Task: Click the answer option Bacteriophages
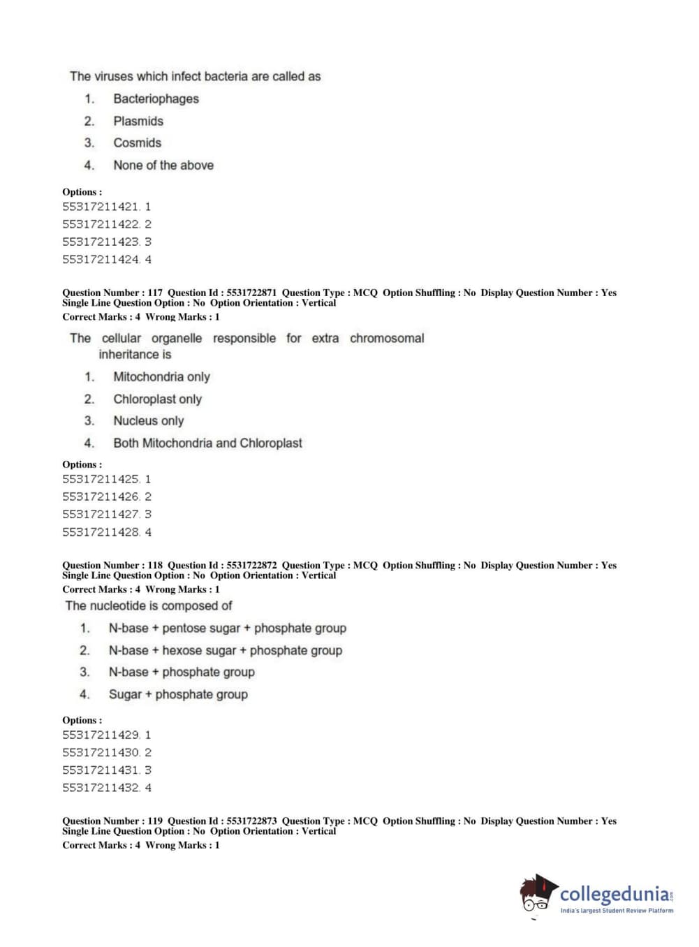point(156,99)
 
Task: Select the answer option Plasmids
point(138,122)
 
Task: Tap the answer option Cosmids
point(137,143)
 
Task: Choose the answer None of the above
point(163,166)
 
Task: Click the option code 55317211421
point(101,207)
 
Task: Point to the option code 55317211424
point(101,260)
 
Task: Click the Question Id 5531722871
point(251,293)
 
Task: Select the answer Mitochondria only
point(161,377)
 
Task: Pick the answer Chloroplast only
point(157,399)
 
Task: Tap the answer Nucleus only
point(148,421)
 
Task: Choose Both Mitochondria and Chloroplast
point(207,443)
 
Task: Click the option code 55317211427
point(101,515)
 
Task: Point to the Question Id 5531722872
point(251,565)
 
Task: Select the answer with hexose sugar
point(225,651)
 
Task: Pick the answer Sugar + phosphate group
point(178,695)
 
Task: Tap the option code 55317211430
point(101,753)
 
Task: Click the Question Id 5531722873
point(251,821)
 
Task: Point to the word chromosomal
point(387,339)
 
